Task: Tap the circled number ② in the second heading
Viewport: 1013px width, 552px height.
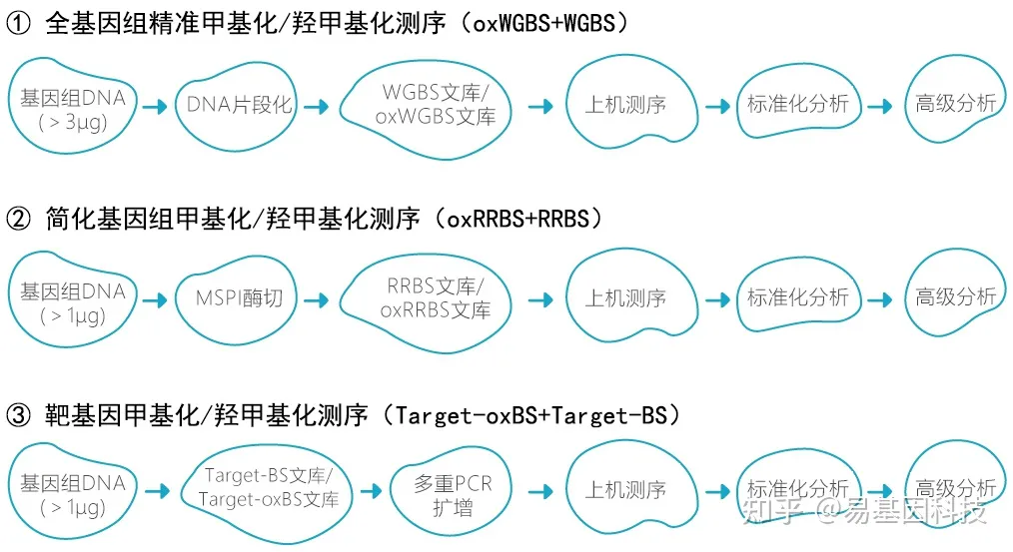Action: (19, 218)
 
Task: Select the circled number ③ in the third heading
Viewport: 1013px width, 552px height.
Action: (19, 414)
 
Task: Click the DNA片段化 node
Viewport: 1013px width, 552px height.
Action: (239, 105)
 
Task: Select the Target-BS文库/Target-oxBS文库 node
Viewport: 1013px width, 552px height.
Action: (270, 487)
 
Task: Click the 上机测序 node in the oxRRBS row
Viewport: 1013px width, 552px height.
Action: (625, 297)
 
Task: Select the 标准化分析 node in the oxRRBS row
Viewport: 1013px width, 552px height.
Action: (797, 297)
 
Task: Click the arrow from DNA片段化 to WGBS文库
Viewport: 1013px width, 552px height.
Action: (317, 105)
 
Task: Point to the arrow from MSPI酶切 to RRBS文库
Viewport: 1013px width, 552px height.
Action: (317, 298)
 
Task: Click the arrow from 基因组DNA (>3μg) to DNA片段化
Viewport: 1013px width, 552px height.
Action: (155, 105)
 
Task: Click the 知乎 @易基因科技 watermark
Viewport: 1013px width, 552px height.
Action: (864, 512)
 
